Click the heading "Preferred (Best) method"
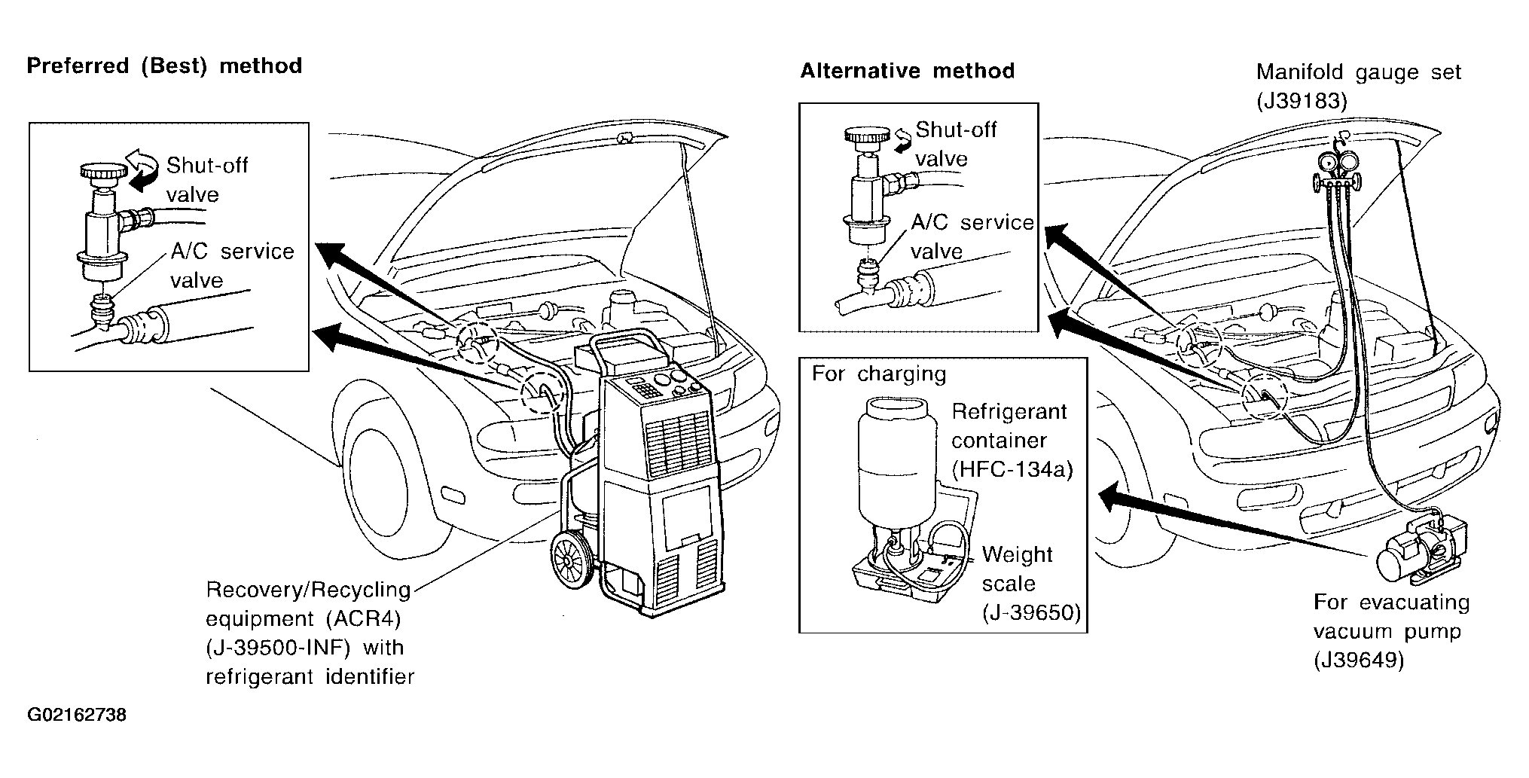[164, 66]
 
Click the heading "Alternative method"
[907, 72]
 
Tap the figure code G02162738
[77, 715]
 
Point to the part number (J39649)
[1360, 661]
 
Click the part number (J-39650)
[1031, 613]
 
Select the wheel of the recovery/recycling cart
[572, 558]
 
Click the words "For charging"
[878, 374]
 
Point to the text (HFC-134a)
[1012, 470]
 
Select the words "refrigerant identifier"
[310, 677]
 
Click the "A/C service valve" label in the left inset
[232, 265]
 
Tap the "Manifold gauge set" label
[1358, 72]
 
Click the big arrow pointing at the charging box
[1233, 524]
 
